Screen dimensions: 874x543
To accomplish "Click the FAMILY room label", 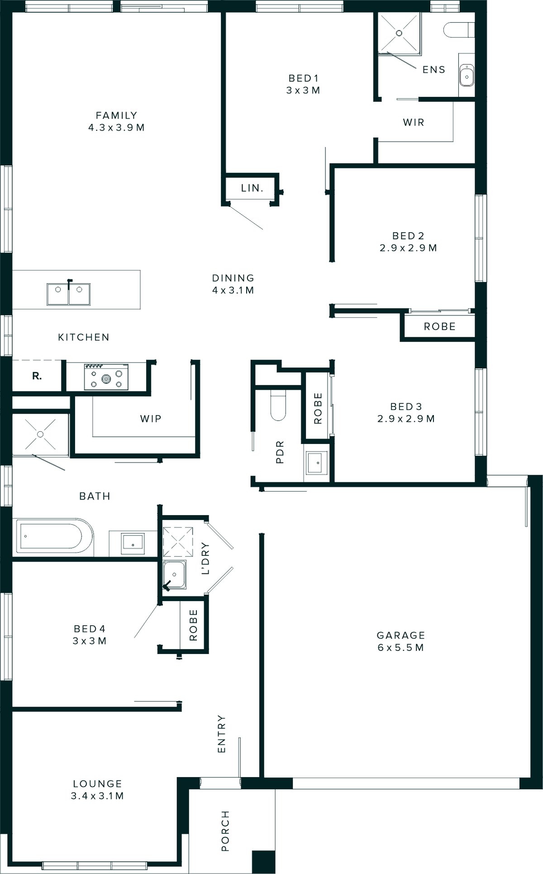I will coord(116,116).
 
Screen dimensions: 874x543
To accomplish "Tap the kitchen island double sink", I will coord(68,294).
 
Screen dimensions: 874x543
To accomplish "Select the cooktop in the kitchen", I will coord(106,377).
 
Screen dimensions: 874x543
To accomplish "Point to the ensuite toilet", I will coord(458,30).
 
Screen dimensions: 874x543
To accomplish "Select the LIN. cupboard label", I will coord(252,188).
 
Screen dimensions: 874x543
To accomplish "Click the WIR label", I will coord(414,122).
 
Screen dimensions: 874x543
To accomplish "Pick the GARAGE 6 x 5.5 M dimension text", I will coord(400,648).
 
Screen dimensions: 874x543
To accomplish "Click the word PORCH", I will coord(225,831).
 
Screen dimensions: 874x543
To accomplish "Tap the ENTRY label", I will coord(221,734).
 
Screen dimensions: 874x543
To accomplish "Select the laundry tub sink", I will coord(175,575).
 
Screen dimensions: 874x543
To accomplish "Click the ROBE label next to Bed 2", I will coord(439,326).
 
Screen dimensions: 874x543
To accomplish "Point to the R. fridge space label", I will coord(37,376).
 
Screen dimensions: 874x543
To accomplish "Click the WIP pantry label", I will coord(151,419).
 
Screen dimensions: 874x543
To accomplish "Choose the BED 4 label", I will coord(90,629).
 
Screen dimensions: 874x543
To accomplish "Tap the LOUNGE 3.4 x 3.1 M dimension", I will coord(97,796).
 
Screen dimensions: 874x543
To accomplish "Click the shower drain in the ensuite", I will coord(399,33).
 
